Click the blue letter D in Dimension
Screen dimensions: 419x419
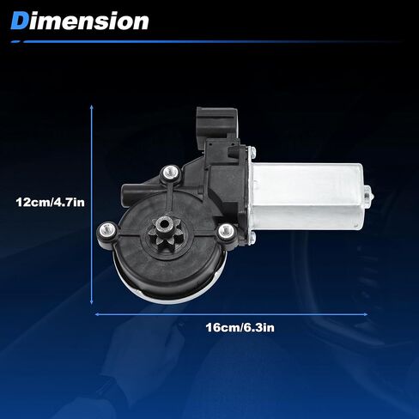(x=20, y=21)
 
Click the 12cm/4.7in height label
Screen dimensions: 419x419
(x=51, y=203)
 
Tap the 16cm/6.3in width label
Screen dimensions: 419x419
(x=240, y=327)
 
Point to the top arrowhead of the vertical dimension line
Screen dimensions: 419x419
(x=92, y=107)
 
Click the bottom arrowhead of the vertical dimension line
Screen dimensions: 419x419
(x=92, y=301)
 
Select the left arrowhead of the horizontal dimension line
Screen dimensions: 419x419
(x=97, y=314)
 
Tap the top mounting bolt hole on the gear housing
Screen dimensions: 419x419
(x=171, y=173)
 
